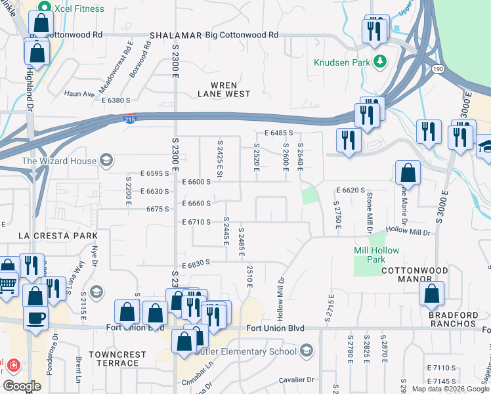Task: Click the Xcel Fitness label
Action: point(79,9)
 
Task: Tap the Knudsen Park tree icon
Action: point(379,61)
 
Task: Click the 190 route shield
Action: point(438,69)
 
